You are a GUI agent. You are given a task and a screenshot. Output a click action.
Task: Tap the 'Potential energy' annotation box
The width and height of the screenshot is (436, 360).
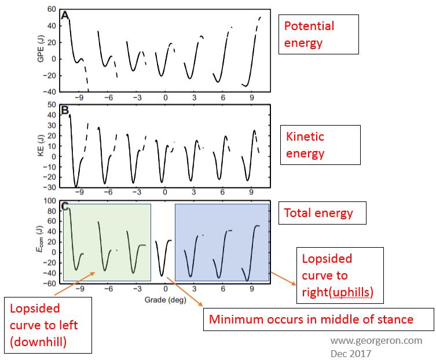tap(319, 35)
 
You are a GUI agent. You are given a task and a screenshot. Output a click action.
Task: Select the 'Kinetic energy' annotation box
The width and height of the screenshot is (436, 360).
tap(319, 145)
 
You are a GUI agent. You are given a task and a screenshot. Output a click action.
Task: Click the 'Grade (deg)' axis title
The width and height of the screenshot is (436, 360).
tap(165, 300)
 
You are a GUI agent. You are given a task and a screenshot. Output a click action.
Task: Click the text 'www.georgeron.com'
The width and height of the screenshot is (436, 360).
tap(376, 340)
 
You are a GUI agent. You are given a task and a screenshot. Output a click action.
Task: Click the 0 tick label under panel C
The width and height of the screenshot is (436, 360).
tap(166, 289)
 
